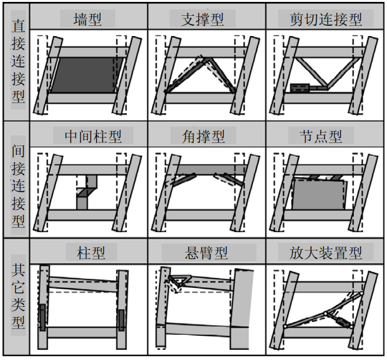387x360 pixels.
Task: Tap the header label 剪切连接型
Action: pyautogui.click(x=320, y=18)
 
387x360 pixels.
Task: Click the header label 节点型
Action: pyautogui.click(x=320, y=135)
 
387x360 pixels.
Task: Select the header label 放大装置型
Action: pyautogui.click(x=320, y=252)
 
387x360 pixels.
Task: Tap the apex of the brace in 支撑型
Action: pyautogui.click(x=202, y=59)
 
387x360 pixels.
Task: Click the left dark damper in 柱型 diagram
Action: pyautogui.click(x=42, y=316)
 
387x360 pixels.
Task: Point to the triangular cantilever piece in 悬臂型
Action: pyautogui.click(x=181, y=278)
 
